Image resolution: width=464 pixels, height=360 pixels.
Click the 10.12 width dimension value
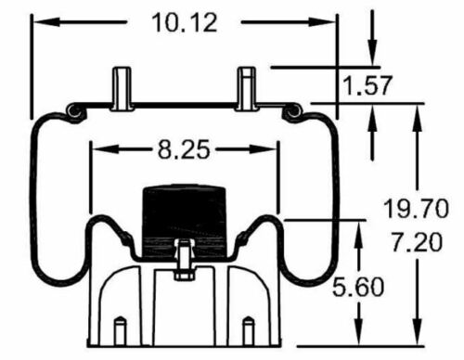coord(185,23)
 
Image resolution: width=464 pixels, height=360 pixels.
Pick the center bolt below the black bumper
coord(184,260)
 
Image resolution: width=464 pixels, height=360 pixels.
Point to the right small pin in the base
coord(247,331)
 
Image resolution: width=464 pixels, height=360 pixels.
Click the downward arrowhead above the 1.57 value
coord(373,57)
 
